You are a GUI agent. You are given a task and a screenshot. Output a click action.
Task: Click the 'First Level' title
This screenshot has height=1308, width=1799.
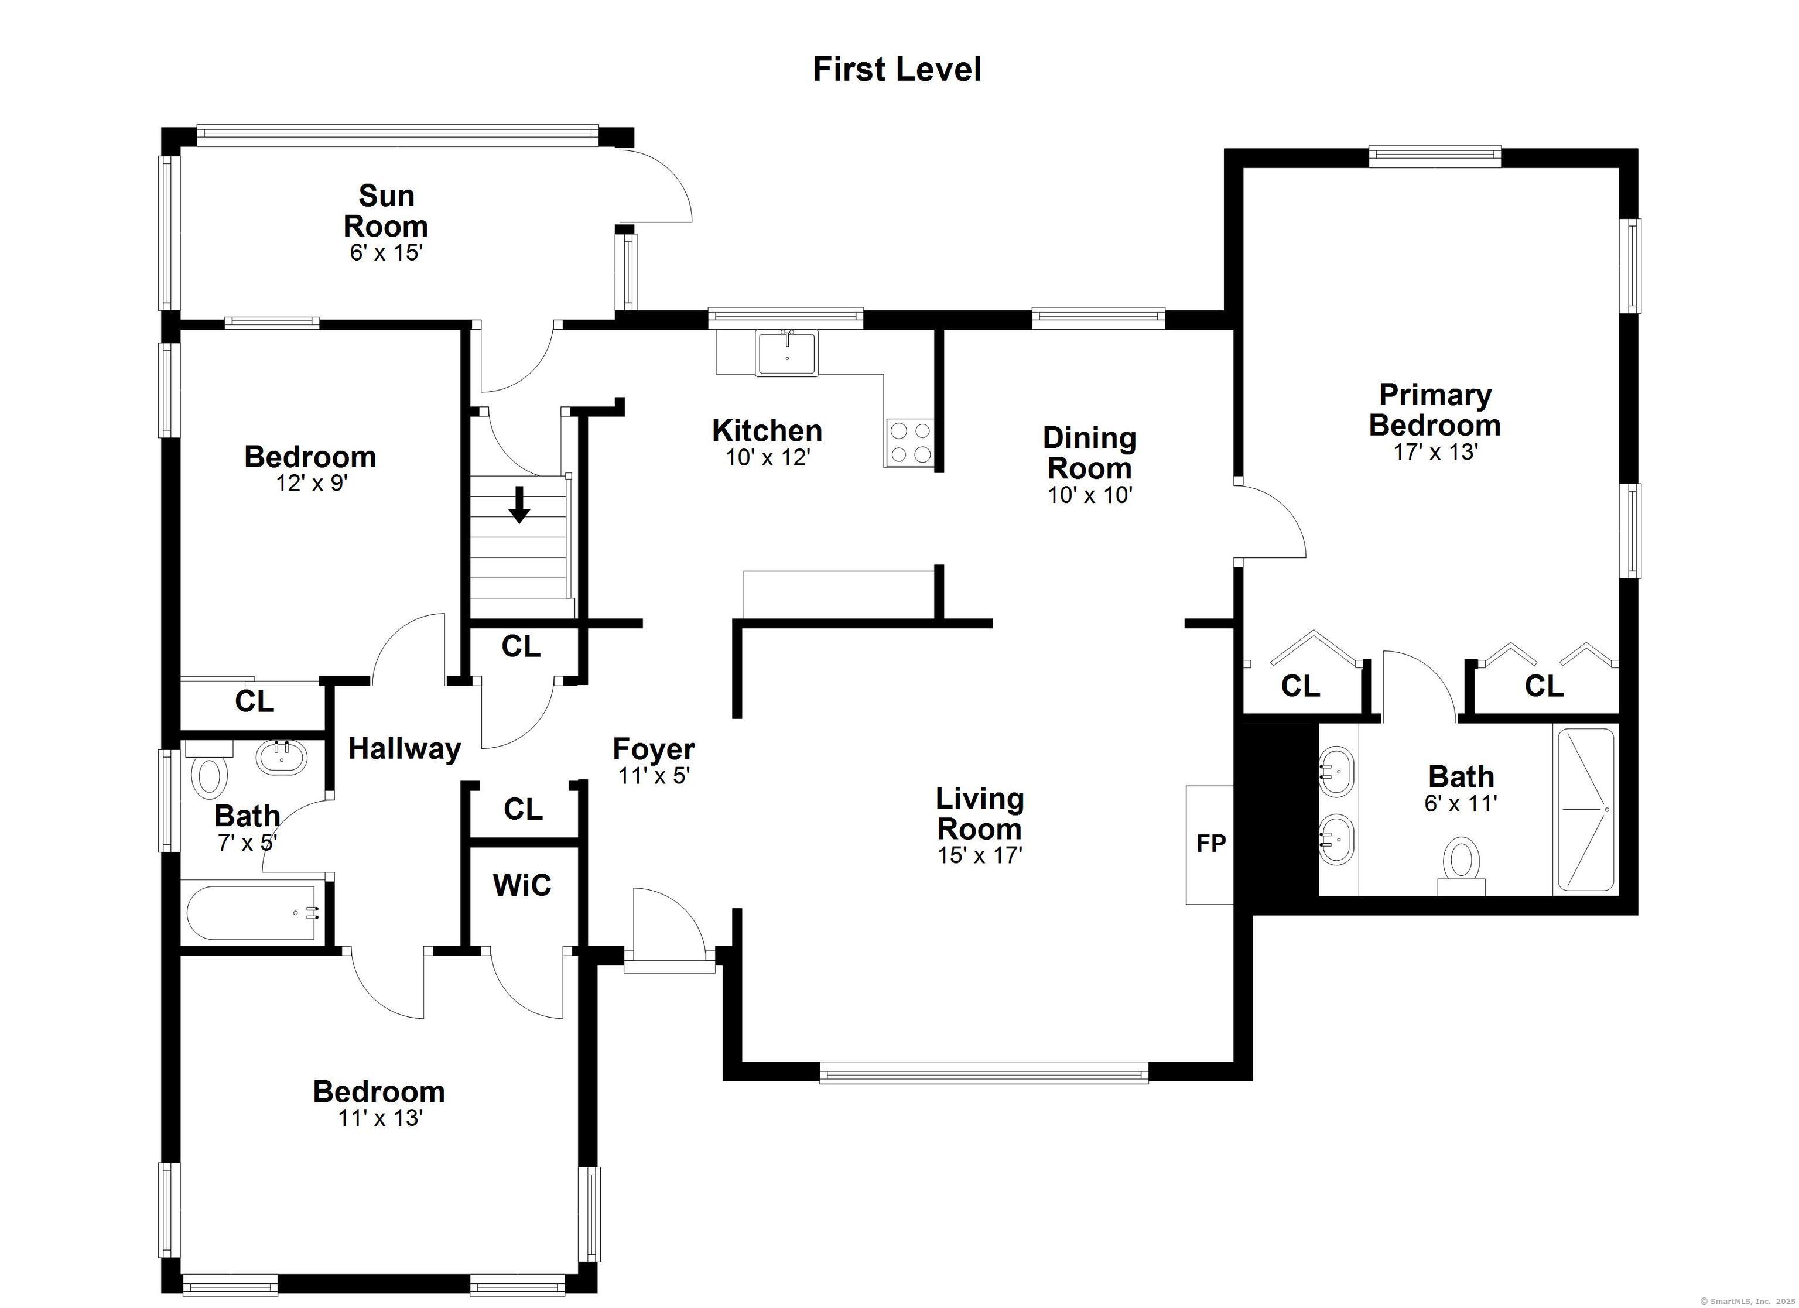point(897,70)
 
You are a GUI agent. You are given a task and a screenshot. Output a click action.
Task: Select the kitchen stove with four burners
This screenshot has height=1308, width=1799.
point(910,443)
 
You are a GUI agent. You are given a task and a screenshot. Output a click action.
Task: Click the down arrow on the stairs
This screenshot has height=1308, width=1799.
point(519,505)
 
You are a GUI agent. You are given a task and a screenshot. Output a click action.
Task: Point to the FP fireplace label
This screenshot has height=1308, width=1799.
point(1210,844)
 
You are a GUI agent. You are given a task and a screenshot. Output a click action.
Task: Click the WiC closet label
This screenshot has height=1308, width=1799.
point(522,886)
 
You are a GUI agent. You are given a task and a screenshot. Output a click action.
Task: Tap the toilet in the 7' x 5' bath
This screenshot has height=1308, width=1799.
point(210,776)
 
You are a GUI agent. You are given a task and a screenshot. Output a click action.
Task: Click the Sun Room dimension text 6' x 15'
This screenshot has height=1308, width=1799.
point(385,253)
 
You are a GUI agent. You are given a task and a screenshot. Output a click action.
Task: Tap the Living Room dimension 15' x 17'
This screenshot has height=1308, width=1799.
point(980,856)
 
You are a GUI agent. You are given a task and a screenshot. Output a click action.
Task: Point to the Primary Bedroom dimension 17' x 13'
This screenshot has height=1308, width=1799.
point(1435,452)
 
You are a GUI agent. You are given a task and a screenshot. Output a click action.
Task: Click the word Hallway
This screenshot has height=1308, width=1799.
point(405,749)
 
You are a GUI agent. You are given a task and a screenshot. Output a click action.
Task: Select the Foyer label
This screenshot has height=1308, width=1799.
point(654,749)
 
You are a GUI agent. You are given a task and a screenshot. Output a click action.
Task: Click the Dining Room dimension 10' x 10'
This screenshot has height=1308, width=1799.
point(1089,496)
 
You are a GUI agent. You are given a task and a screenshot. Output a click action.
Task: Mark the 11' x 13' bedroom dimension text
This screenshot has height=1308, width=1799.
point(379,1118)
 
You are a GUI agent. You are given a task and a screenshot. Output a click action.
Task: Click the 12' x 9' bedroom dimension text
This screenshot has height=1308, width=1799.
point(312,483)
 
